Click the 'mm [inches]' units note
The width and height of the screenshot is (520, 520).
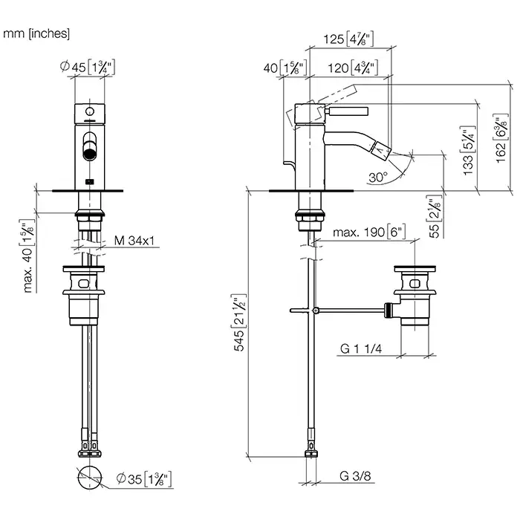(x=36, y=33)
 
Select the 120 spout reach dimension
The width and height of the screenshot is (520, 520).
(x=348, y=68)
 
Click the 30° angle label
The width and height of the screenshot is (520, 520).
(x=377, y=178)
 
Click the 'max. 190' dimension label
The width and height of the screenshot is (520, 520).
(x=368, y=233)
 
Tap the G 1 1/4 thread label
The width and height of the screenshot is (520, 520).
(x=361, y=348)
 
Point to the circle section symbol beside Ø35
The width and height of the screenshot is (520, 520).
(x=88, y=477)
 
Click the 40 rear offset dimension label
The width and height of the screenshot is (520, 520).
(x=280, y=68)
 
